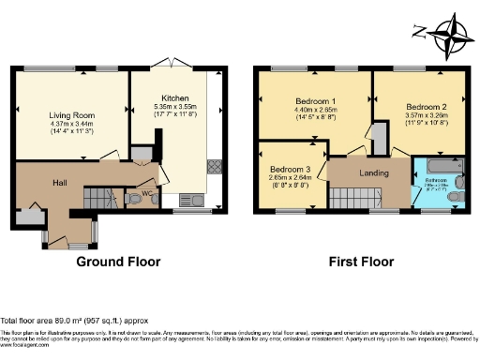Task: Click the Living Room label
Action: tap(71, 112)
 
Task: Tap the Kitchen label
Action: tap(175, 98)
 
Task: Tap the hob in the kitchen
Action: tap(215, 167)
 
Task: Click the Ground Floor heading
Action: tap(118, 262)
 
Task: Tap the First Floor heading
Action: tap(360, 262)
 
